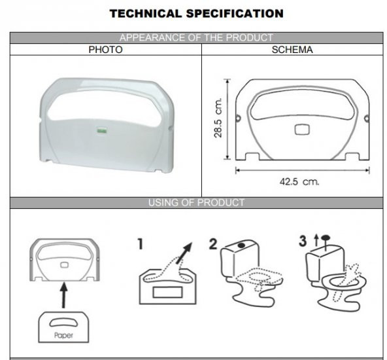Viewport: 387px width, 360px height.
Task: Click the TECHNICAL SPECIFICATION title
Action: [197, 14]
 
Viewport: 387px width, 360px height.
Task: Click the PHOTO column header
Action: [105, 50]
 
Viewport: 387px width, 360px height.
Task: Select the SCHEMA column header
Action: [292, 50]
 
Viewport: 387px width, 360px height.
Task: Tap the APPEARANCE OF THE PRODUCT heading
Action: [197, 38]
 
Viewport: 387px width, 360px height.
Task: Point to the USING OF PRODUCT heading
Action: [197, 203]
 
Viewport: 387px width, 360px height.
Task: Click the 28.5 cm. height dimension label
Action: [218, 118]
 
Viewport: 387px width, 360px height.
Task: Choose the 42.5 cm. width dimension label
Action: [299, 182]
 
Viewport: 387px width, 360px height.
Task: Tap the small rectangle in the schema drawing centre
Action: [302, 130]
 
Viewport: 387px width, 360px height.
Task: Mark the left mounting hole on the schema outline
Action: [238, 118]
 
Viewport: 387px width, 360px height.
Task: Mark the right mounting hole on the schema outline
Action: [367, 118]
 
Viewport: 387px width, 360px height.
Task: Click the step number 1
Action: [140, 244]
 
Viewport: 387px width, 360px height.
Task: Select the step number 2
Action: [213, 244]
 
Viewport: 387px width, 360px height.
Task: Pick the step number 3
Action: [303, 241]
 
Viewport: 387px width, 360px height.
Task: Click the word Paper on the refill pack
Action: [63, 335]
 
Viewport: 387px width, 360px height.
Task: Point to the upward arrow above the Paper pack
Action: [63, 295]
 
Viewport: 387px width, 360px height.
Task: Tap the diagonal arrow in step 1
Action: [184, 253]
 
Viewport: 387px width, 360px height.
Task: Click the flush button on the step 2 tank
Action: [241, 245]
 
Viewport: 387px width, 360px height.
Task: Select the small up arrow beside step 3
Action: [316, 240]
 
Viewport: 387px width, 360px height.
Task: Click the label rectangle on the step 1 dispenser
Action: [168, 293]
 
